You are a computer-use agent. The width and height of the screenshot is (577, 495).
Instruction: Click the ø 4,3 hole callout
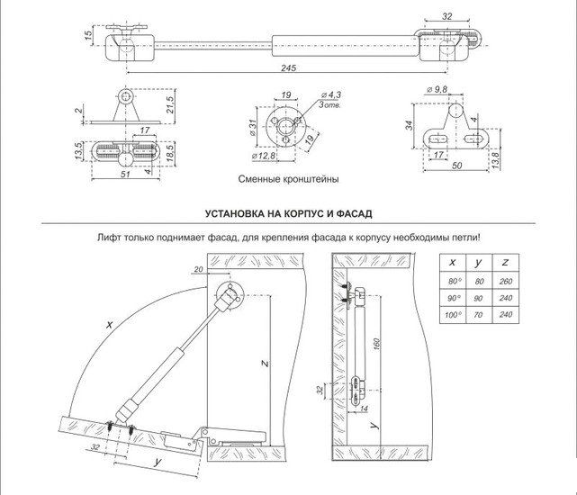click(333, 95)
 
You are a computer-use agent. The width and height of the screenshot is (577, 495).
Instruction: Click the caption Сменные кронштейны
click(288, 180)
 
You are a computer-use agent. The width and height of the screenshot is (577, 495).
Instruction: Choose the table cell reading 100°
click(453, 314)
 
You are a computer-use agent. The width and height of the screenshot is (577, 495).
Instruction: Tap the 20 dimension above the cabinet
click(198, 270)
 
